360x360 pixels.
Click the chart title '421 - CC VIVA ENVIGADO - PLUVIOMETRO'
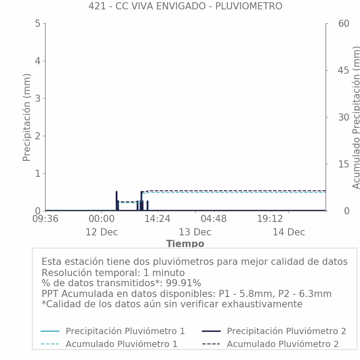185,6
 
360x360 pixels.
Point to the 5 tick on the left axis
38,23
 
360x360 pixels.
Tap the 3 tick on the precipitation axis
38,98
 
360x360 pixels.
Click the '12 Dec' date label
101,232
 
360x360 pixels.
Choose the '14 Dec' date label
289,232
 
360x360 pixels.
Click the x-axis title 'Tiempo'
185,244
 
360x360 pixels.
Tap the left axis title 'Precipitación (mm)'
27,117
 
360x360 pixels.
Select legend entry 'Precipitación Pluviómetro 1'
125,331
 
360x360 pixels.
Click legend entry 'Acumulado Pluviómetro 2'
282,344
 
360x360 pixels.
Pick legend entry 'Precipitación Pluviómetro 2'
286,331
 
